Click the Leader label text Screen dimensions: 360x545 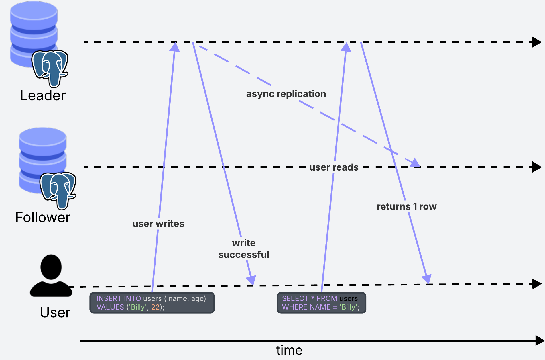click(x=43, y=95)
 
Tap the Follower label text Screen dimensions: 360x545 click(x=43, y=217)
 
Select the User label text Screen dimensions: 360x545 click(x=55, y=312)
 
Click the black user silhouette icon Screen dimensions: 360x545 click(x=51, y=276)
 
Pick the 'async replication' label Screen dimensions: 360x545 click(x=286, y=94)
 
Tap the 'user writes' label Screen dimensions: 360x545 click(x=158, y=224)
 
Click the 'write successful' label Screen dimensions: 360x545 click(x=244, y=249)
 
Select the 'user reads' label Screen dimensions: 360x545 click(x=334, y=167)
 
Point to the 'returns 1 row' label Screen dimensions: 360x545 click(x=406, y=206)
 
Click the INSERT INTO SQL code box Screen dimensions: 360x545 click(x=152, y=303)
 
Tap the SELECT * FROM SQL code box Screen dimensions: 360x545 click(x=321, y=303)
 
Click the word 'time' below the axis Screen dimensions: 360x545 click(x=289, y=350)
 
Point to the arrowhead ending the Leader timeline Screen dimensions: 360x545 click(x=537, y=42)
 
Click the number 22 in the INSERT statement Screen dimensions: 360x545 click(x=155, y=307)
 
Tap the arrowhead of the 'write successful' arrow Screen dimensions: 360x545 click(x=251, y=281)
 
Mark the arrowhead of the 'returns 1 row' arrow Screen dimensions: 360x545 click(x=427, y=279)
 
